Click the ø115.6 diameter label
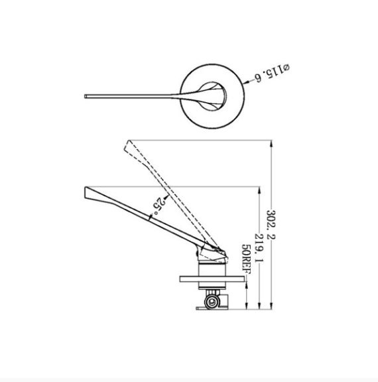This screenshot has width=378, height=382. click(273, 73)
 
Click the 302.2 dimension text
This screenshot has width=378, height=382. click(271, 225)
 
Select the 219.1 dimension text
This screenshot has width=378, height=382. click(259, 248)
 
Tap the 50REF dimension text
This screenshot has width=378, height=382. click(246, 259)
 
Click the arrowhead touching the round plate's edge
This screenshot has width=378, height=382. click(247, 82)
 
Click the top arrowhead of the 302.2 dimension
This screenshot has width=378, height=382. click(272, 144)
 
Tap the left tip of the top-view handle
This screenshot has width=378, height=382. click(85, 96)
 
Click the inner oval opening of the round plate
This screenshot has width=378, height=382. click(212, 96)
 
